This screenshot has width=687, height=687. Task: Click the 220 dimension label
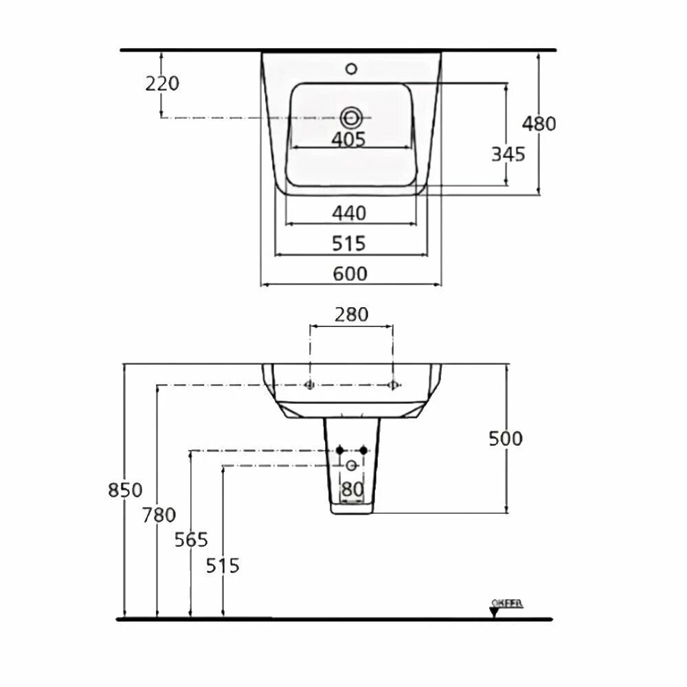click(162, 84)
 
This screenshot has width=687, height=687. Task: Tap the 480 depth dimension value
click(539, 124)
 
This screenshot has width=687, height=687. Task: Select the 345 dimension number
click(508, 155)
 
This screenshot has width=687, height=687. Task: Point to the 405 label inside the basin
click(348, 139)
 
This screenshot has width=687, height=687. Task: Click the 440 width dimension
click(350, 214)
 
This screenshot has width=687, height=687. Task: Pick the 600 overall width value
click(350, 273)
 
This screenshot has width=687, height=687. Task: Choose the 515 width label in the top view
click(350, 243)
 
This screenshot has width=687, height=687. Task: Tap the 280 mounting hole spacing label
click(351, 315)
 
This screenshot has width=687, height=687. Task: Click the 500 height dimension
click(506, 438)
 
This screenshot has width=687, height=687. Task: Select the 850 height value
click(125, 491)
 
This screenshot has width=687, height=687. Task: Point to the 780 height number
click(159, 515)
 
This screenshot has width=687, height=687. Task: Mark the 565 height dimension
click(190, 540)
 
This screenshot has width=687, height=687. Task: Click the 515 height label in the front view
click(223, 566)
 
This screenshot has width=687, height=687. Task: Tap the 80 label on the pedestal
click(352, 490)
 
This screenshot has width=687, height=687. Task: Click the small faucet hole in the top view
click(352, 69)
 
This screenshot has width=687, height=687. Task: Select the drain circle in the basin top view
click(350, 117)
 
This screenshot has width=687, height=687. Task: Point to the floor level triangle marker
click(494, 612)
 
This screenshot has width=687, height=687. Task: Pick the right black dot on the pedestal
click(364, 450)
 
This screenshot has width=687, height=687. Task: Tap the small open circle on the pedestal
click(352, 466)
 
